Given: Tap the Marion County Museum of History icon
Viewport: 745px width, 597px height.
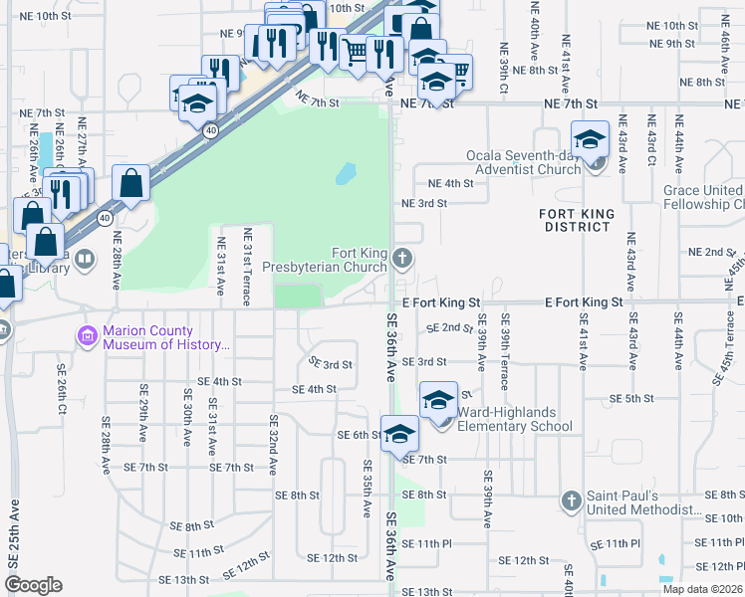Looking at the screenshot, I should (x=87, y=337).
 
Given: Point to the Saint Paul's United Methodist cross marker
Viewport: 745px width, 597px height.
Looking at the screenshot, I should (x=572, y=499).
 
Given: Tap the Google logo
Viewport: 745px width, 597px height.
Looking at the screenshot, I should (x=33, y=585).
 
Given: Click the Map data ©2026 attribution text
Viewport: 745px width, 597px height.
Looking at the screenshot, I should (x=702, y=589).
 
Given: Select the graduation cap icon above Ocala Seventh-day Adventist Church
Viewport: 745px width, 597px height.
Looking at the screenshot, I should (x=590, y=138).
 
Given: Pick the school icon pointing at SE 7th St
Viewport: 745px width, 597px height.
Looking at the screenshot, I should (x=400, y=435).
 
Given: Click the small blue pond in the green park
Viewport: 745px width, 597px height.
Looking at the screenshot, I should (x=345, y=175).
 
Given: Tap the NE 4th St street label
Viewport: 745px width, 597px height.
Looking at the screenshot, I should (x=450, y=183).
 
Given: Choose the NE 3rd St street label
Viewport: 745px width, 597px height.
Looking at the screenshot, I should (x=423, y=203).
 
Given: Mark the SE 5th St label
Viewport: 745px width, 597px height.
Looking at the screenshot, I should (x=632, y=398).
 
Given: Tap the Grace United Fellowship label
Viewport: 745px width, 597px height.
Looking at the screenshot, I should (x=702, y=197).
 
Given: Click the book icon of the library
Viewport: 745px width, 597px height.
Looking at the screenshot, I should (x=87, y=261).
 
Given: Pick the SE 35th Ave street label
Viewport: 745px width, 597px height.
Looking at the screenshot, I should (x=367, y=488).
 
